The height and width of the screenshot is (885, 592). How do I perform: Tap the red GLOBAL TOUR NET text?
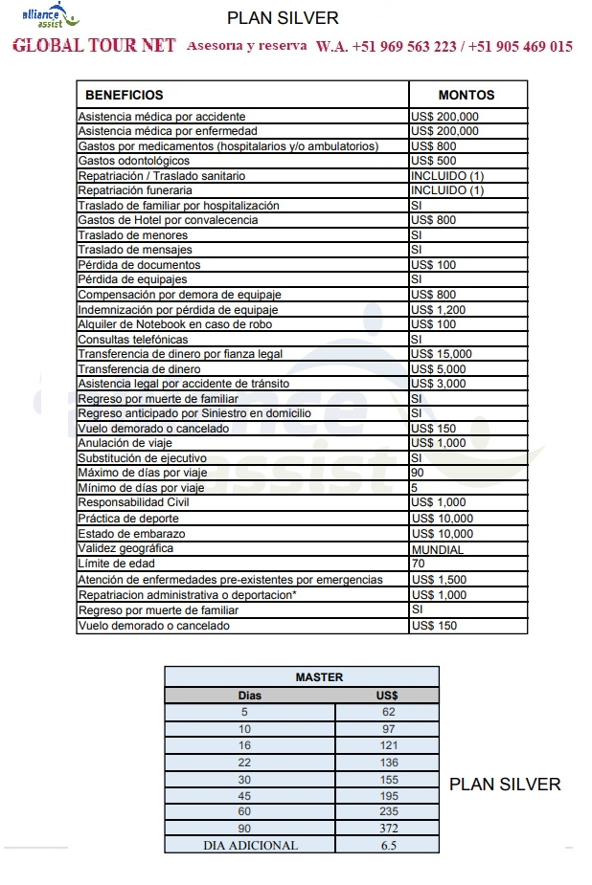tap(94, 46)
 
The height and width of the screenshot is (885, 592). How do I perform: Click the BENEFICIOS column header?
tap(125, 95)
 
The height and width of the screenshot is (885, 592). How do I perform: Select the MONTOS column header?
tap(467, 95)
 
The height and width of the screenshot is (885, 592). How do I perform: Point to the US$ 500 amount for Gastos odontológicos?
tap(433, 161)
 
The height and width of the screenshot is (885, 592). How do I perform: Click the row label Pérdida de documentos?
tap(139, 265)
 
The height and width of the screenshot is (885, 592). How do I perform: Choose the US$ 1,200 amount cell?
tap(438, 310)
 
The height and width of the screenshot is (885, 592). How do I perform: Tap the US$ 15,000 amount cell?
tap(441, 354)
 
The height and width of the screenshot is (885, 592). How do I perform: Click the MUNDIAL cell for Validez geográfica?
tap(437, 550)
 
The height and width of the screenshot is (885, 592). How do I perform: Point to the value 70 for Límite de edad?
tap(418, 564)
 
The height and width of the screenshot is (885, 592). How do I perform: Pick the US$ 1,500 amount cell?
tap(438, 580)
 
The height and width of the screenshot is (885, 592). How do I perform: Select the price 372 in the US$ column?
tap(388, 828)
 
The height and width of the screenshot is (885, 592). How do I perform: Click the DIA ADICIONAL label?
tap(250, 845)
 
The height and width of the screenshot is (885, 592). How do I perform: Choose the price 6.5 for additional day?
tap(388, 845)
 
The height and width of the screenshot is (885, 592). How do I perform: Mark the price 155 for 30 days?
tap(388, 780)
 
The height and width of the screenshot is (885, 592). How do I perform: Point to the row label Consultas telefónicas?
tap(132, 340)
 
